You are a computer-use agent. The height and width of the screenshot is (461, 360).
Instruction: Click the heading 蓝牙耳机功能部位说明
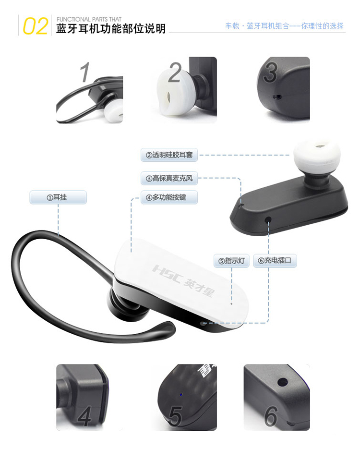coord(111,29)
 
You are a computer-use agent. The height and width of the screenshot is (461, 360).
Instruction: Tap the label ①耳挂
coord(58,197)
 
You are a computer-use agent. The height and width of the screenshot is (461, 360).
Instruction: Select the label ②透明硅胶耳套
coord(169,155)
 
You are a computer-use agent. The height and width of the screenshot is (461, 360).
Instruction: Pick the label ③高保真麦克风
coord(169,179)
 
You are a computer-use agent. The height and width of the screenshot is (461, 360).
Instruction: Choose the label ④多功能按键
coord(169,197)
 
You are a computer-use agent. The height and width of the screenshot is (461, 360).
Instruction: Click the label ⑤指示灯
coord(232,261)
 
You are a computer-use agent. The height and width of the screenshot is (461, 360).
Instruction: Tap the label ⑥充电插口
coord(275,261)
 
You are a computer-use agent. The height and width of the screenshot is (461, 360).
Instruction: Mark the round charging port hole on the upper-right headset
coord(268,219)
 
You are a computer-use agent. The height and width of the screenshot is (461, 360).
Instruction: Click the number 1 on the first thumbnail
coord(85,73)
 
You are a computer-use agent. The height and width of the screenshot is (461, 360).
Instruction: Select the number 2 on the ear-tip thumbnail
coord(175,73)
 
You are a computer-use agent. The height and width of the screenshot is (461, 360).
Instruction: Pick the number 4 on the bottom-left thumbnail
coord(84,416)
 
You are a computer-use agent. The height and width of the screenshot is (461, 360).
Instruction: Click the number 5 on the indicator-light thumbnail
coord(175,416)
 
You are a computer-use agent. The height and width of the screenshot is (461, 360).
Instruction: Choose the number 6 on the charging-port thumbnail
coord(271,416)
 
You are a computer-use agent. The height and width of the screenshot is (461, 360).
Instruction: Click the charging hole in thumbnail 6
coord(282,383)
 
